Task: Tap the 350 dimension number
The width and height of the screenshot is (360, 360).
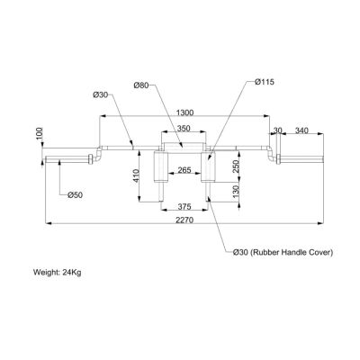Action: coord(183,130)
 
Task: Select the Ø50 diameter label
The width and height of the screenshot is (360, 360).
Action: coord(76,193)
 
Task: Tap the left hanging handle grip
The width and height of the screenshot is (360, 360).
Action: coord(161,166)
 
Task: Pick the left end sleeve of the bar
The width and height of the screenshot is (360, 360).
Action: coord(69,161)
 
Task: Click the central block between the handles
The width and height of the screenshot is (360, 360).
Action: coord(183,148)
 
